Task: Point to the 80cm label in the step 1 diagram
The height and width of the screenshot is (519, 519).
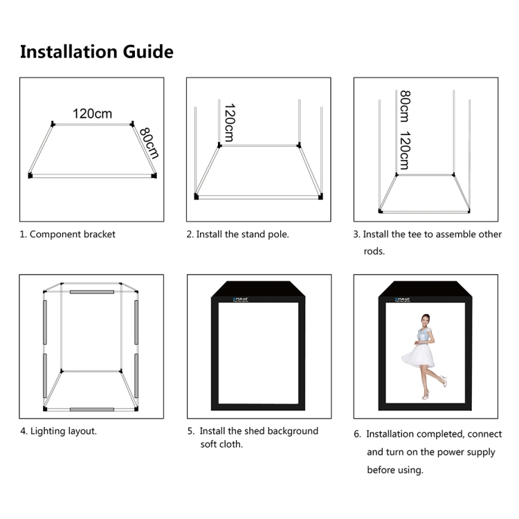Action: pyautogui.click(x=149, y=143)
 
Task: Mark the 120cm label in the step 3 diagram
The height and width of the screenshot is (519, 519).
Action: pyautogui.click(x=404, y=150)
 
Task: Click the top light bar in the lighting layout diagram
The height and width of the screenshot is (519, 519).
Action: pyautogui.click(x=91, y=292)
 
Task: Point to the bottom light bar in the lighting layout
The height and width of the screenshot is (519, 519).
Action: pyautogui.click(x=91, y=409)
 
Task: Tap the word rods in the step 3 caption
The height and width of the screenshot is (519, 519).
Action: pyautogui.click(x=374, y=251)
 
